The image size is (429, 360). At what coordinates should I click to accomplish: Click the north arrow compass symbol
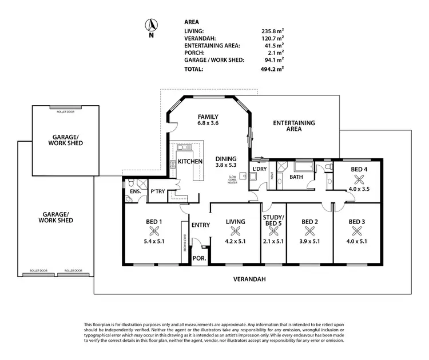click(151, 25)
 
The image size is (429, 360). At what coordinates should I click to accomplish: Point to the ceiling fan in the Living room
click(235, 231)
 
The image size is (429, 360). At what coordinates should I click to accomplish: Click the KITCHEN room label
click(190, 162)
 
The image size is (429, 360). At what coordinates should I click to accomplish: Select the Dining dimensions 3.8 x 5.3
click(227, 165)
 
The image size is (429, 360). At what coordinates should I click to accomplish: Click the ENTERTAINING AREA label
click(293, 126)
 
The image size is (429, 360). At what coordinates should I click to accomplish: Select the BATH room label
click(296, 177)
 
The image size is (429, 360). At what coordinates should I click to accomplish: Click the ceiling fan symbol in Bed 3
click(358, 231)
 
